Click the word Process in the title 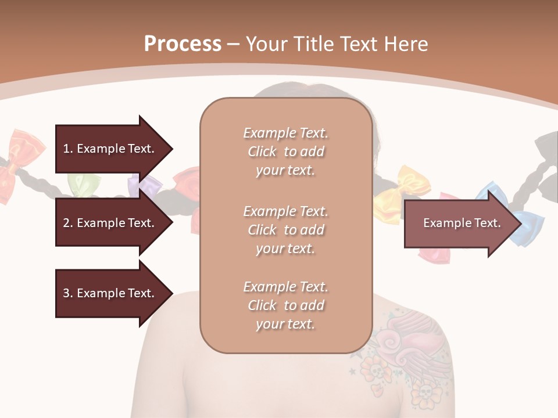pos(183,44)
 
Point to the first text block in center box pos(285,152)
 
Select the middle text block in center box pos(285,229)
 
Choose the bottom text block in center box pos(285,305)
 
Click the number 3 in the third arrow pos(66,293)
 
